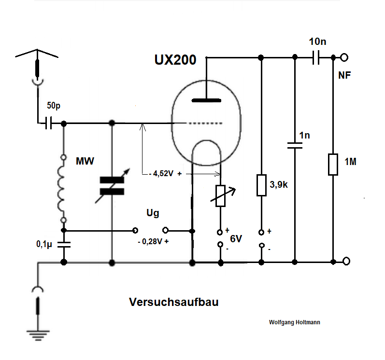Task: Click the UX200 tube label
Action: [175, 60]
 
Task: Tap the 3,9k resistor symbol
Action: [261, 185]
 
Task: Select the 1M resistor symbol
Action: [333, 164]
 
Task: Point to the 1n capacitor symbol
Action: [294, 145]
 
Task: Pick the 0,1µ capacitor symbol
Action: [63, 244]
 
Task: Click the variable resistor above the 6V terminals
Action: [221, 195]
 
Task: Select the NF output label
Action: [345, 76]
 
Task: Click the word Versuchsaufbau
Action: [174, 303]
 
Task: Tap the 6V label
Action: [235, 238]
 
